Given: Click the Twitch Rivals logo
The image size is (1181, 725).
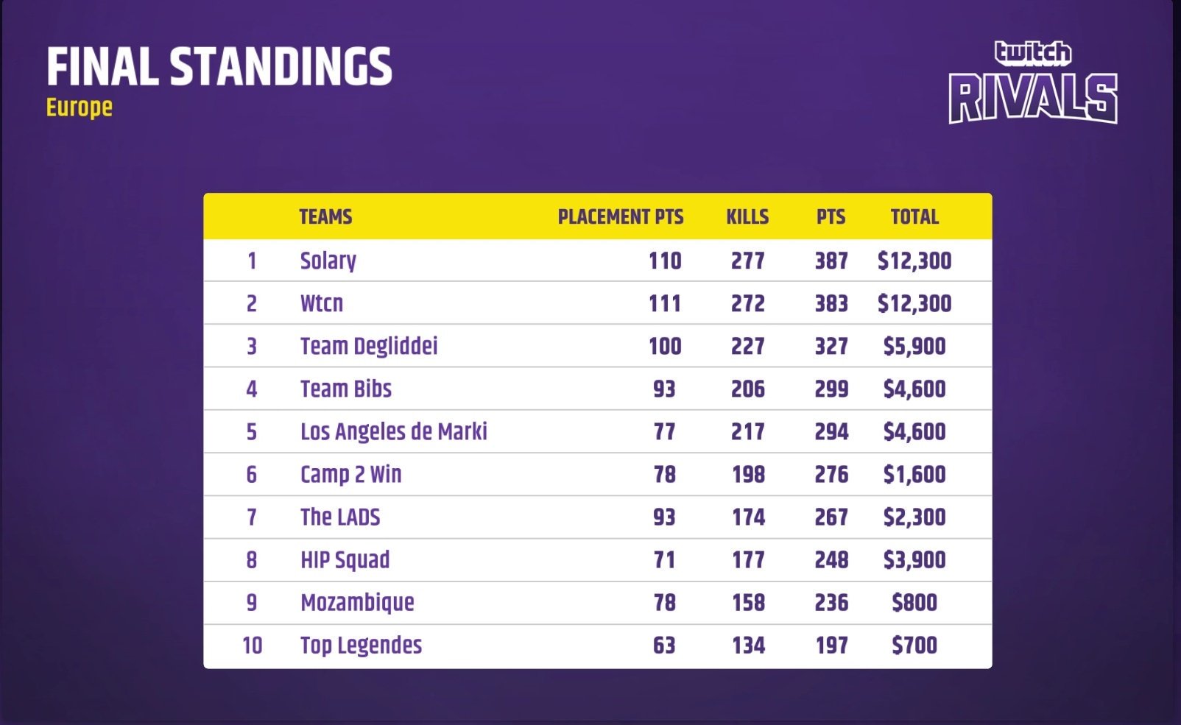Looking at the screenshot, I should click(x=1033, y=83).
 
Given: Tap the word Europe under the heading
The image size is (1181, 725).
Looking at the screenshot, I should click(x=80, y=107).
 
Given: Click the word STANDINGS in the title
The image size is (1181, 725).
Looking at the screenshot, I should click(x=281, y=66).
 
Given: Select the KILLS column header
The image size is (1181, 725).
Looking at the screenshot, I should click(x=747, y=217).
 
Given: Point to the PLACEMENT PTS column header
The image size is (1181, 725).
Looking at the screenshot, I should click(x=620, y=217).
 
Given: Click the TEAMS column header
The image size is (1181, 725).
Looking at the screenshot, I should click(x=325, y=217).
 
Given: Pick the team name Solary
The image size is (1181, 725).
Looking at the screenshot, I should click(x=328, y=261).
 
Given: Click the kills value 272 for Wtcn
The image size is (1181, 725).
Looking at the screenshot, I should click(x=747, y=303).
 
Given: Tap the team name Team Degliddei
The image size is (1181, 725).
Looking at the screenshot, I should click(x=369, y=346).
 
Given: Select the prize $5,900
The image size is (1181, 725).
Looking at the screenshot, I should click(x=914, y=346).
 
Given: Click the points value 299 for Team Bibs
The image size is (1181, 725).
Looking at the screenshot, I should click(x=831, y=389).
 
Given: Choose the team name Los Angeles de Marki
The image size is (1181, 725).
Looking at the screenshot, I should click(x=394, y=431).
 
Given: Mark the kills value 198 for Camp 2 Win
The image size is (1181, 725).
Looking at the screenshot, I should click(x=748, y=474).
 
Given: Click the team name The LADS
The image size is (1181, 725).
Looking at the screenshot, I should click(x=340, y=517).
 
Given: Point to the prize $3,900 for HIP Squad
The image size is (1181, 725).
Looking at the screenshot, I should click(x=914, y=559).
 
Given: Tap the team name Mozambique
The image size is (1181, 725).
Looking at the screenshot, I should click(x=357, y=602).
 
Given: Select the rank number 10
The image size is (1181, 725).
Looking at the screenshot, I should click(x=252, y=646).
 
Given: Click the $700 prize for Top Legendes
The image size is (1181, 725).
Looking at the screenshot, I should click(x=914, y=646).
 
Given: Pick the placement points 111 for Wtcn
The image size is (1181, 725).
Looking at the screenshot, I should click(x=665, y=303).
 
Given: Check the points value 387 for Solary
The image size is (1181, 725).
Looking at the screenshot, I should click(x=831, y=261).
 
